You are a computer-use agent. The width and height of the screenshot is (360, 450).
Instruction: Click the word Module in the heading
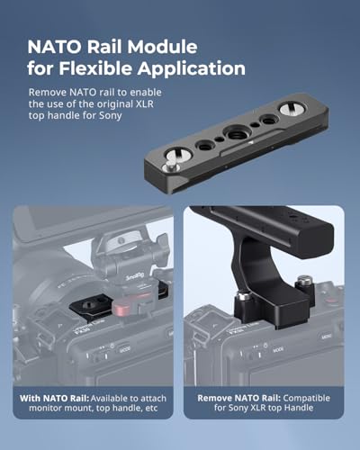162,47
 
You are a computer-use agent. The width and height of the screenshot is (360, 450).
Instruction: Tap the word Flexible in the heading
95,68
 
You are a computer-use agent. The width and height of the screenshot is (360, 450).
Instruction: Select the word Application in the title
192,69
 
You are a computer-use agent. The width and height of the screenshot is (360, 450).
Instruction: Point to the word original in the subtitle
117,103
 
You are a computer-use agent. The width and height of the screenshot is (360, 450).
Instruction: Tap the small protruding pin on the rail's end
170,165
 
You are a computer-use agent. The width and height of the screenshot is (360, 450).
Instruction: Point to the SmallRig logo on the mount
134,275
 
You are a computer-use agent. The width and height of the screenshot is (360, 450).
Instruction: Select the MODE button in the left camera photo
125,349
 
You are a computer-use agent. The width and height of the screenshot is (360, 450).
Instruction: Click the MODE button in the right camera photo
278,349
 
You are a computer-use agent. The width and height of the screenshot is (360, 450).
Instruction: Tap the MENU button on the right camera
327,337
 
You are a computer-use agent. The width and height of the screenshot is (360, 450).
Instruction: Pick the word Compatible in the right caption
307,398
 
